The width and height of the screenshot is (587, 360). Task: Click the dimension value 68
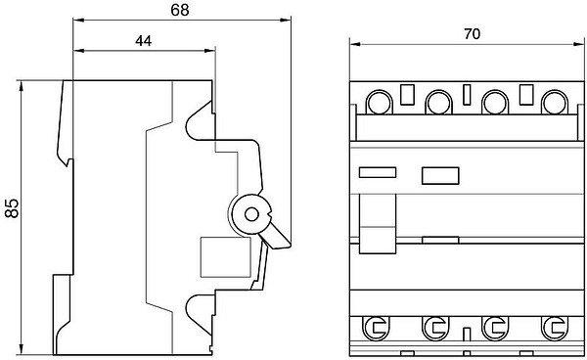pyautogui.click(x=180, y=10)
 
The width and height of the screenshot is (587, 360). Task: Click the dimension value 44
pyautogui.click(x=144, y=41)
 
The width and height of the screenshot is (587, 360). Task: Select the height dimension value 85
pyautogui.click(x=12, y=208)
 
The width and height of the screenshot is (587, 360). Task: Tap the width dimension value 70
pyautogui.click(x=473, y=34)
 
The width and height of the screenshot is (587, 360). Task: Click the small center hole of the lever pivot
pyautogui.click(x=251, y=214)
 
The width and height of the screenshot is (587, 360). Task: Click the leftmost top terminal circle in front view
pyautogui.click(x=379, y=102)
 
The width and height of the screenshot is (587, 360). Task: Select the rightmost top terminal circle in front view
pyautogui.click(x=555, y=102)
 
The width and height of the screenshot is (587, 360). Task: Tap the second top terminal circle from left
pyautogui.click(x=438, y=102)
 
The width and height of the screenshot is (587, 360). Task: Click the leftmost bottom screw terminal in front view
pyautogui.click(x=376, y=328)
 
